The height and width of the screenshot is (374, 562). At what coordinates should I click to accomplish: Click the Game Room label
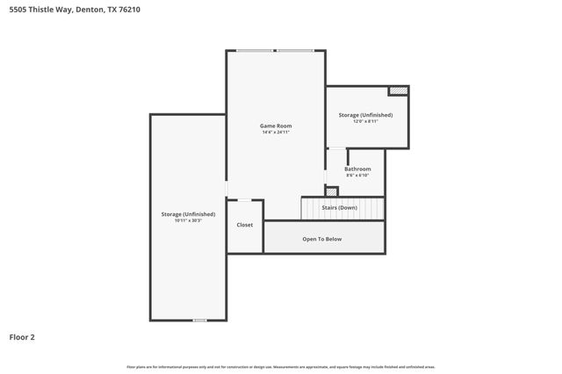[x=276, y=126]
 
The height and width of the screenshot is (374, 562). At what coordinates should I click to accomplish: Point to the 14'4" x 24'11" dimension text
[x=276, y=133]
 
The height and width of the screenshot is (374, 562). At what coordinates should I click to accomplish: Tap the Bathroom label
[x=357, y=169]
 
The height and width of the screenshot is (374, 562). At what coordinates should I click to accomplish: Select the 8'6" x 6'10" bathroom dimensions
[x=357, y=175]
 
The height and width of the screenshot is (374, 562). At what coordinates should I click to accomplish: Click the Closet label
[x=245, y=225]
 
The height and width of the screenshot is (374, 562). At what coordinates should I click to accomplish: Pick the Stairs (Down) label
[x=351, y=208]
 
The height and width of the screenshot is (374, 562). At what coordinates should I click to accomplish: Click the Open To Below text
[x=322, y=239]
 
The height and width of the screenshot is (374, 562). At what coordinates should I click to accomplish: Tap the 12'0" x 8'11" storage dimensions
[x=365, y=121]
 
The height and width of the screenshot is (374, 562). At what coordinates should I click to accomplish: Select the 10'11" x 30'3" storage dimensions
[x=188, y=220]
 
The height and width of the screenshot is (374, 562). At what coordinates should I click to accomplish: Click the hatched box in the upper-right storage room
[x=399, y=90]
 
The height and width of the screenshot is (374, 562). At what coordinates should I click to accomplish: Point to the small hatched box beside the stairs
[x=331, y=191]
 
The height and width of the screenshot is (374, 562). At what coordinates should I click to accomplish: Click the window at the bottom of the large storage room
[x=199, y=320]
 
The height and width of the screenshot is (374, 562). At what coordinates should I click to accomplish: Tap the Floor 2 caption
[x=22, y=336]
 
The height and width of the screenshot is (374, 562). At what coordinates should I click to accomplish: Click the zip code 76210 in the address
[x=127, y=10]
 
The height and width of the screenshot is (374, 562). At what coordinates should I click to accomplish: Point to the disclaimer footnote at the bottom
[x=281, y=366]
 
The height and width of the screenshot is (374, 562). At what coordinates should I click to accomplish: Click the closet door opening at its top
[x=245, y=200]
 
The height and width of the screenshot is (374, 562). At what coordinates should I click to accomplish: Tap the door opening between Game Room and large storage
[x=227, y=188]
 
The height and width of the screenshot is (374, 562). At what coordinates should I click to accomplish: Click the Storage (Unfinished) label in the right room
[x=365, y=115]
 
